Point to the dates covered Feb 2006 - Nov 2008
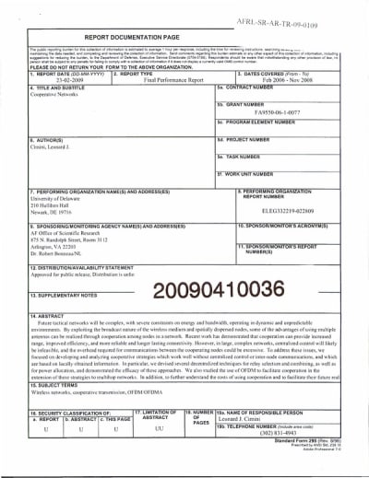[287, 80]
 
